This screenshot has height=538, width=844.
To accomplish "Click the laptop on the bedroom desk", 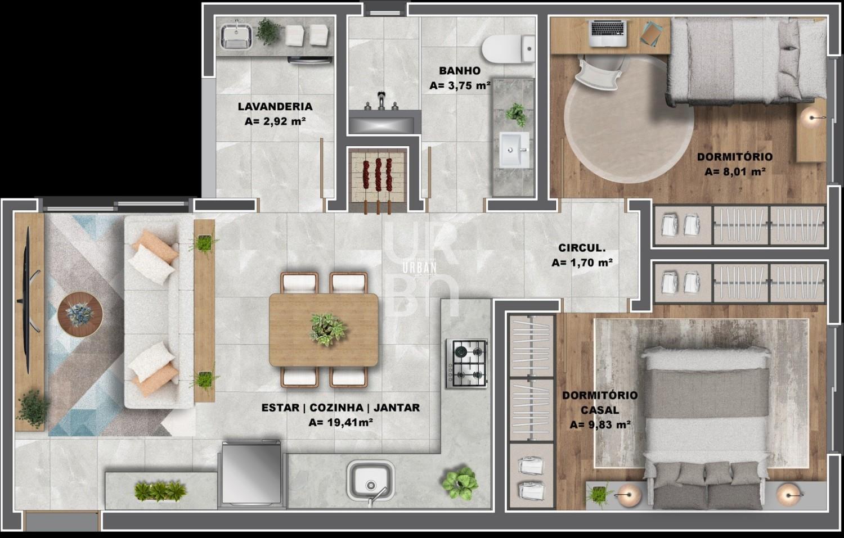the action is coord(609,34).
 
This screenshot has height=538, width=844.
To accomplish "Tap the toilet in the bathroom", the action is coord(509,49).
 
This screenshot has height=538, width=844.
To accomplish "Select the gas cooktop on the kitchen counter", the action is coord(467,364).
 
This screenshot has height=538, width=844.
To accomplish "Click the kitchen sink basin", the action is coord(371,482).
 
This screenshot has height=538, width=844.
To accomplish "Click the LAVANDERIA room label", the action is coord(275,107).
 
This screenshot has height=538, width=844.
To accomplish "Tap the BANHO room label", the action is coord(460,70).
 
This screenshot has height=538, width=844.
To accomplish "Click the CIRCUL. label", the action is coord(582,248).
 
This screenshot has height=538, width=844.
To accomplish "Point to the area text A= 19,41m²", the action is coord(340,422).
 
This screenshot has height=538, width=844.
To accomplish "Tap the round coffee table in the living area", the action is coord(80,314).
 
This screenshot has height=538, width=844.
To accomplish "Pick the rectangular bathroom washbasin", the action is coord(514,150).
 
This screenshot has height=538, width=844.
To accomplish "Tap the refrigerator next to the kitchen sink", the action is coord(251,473).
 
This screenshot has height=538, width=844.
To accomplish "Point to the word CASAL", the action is coord(599,410).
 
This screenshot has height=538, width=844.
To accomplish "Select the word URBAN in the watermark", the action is coord(419,268).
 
